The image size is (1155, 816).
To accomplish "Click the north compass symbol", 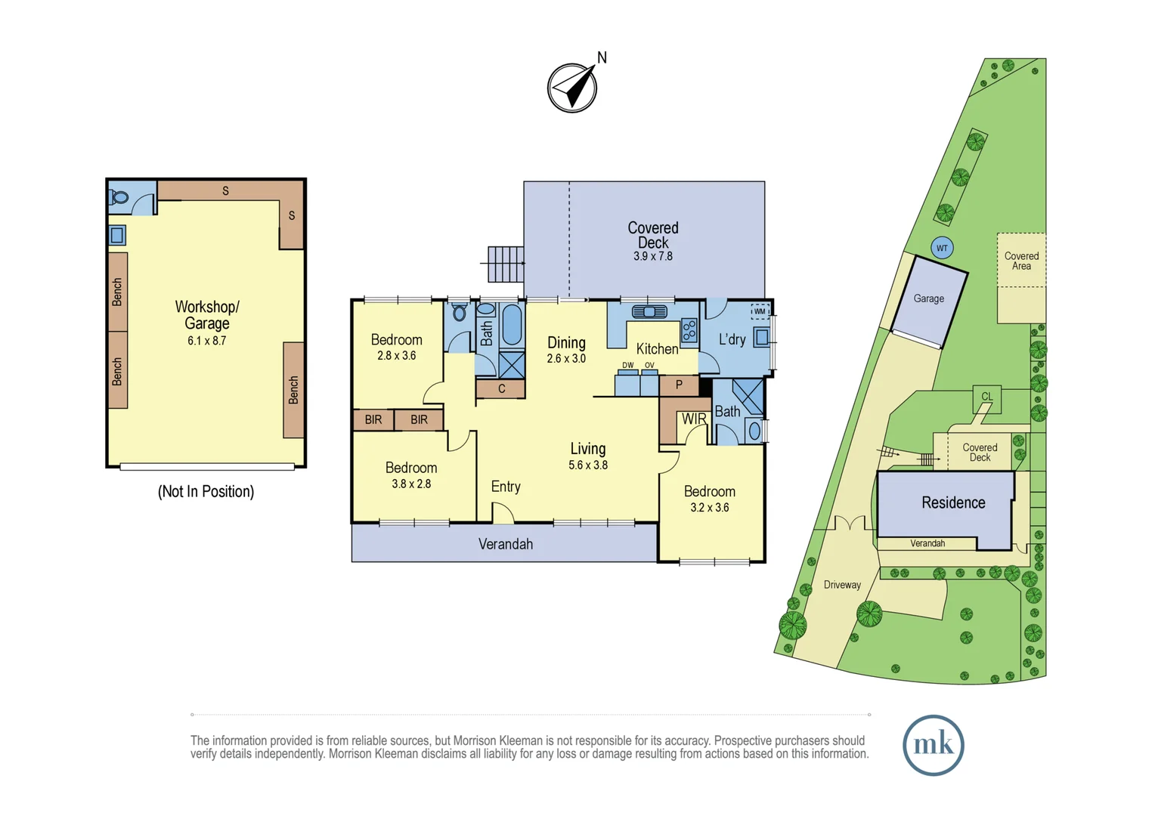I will [x=572, y=88].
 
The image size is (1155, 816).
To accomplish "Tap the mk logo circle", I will [x=933, y=745].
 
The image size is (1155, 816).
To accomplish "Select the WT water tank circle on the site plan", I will [x=942, y=248].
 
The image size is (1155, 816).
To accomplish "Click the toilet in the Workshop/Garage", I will [x=119, y=198].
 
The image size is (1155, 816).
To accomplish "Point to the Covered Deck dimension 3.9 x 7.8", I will [x=652, y=256].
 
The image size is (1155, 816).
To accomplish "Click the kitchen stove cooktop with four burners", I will [x=689, y=330].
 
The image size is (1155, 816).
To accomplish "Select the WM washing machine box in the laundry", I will [x=760, y=311].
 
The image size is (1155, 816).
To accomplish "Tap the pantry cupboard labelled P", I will [x=679, y=385].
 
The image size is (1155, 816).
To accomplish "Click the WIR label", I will [x=693, y=419].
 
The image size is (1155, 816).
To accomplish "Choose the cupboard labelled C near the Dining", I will [x=501, y=389].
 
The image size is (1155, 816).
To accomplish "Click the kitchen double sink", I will [x=649, y=311].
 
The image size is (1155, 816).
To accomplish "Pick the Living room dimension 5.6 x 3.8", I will [x=588, y=465].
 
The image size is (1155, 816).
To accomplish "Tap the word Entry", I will [x=506, y=487].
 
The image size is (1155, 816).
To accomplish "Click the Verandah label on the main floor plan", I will [x=505, y=544].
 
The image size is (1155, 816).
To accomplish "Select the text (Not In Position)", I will [x=206, y=492].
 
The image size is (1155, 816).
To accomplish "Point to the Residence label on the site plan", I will [x=953, y=502].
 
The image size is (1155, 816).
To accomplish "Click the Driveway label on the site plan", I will [x=842, y=585].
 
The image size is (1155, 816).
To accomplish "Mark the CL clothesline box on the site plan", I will [x=986, y=397].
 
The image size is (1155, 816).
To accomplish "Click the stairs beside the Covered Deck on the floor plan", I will [x=505, y=264].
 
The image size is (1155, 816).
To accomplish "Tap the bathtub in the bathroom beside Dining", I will [x=512, y=324].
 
